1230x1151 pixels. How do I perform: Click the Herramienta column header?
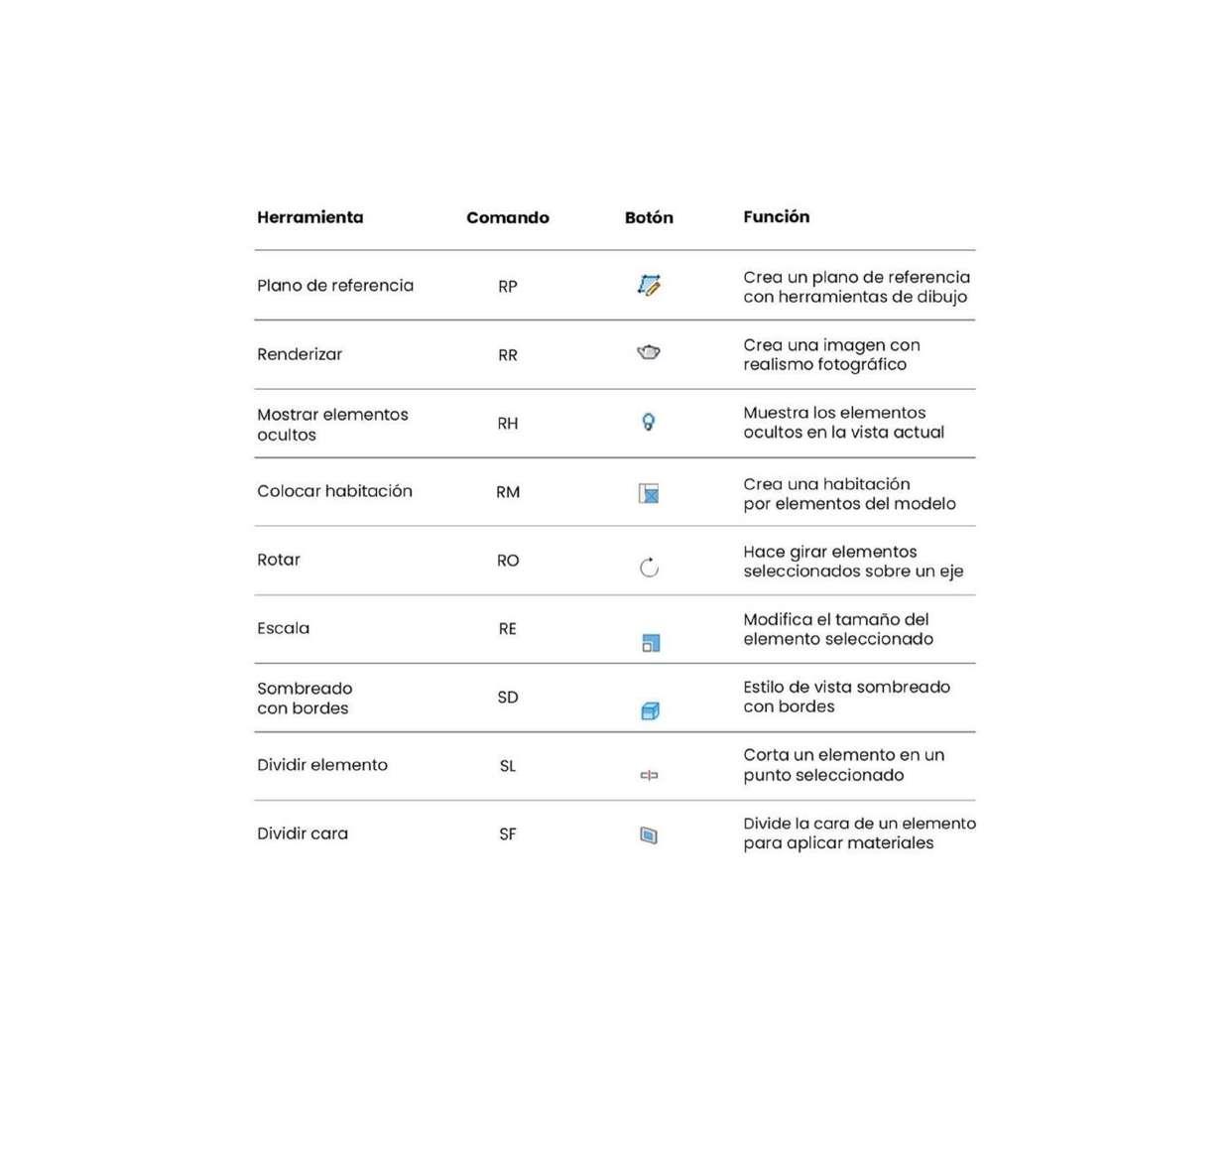(x=309, y=217)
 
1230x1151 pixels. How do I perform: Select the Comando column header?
(x=507, y=217)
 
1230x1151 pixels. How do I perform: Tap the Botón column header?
(x=649, y=217)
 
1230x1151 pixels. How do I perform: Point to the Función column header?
(x=776, y=216)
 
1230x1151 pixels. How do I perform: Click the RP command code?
(x=507, y=287)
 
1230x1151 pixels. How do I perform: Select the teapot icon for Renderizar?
(x=649, y=352)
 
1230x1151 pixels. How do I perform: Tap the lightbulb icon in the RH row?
(x=649, y=422)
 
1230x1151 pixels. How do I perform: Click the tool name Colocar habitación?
(x=334, y=491)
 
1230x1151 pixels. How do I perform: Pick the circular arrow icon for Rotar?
(x=649, y=568)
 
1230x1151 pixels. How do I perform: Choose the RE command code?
(x=507, y=629)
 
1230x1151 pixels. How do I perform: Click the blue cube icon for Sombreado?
(x=650, y=710)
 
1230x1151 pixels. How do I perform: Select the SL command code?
(x=507, y=766)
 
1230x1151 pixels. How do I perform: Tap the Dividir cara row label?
(x=303, y=833)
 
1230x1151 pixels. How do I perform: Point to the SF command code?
(x=507, y=834)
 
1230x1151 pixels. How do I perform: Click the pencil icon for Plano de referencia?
(x=649, y=286)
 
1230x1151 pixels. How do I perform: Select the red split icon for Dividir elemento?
(x=649, y=775)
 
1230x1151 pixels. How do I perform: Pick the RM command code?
(x=507, y=492)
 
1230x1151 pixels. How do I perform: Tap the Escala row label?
(x=283, y=628)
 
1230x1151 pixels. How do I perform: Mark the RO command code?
(x=507, y=561)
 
